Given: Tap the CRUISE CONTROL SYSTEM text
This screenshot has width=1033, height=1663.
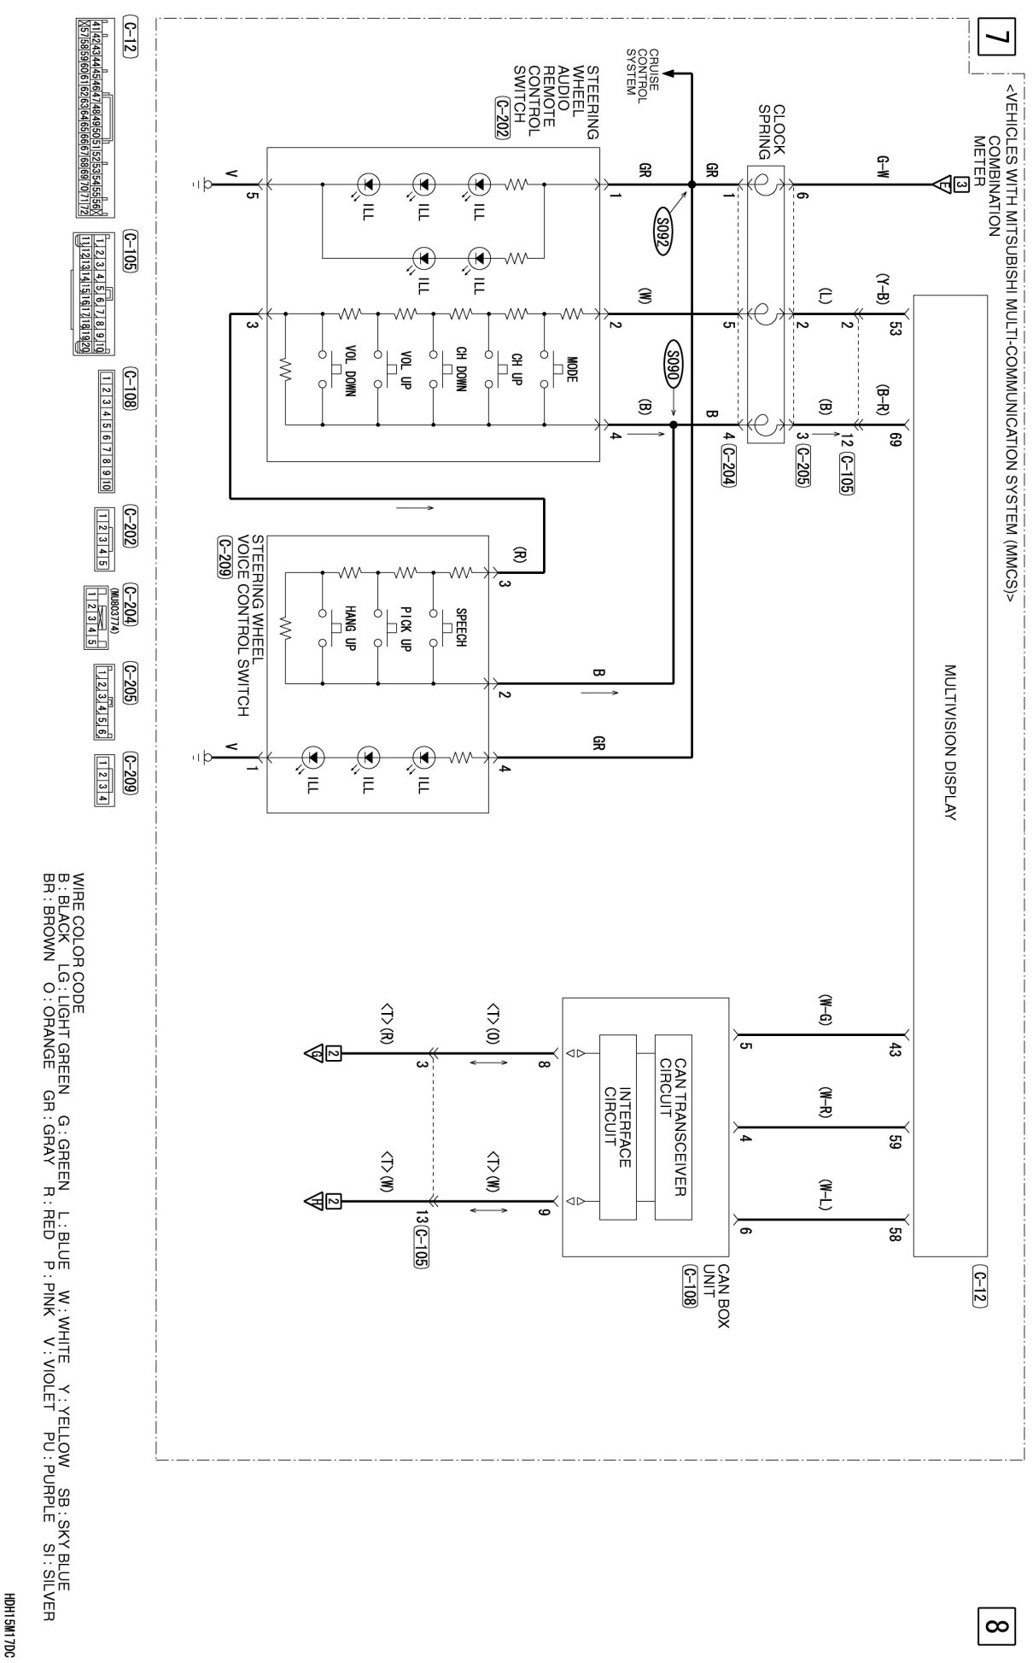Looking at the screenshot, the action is [642, 74].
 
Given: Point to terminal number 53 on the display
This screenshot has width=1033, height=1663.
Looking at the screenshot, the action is [894, 328].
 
